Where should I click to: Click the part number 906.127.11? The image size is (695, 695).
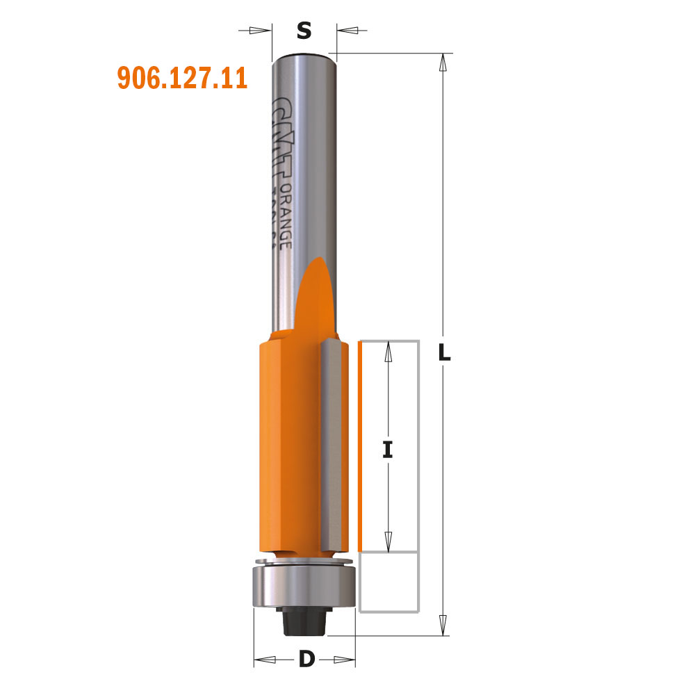(182, 78)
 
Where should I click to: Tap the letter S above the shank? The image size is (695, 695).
(304, 31)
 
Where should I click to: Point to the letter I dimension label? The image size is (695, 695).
(388, 450)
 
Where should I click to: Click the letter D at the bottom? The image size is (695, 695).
(306, 659)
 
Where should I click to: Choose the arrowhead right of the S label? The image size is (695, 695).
(347, 31)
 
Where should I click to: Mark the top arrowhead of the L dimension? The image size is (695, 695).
(442, 63)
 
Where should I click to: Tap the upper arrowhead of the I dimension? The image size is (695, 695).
(389, 353)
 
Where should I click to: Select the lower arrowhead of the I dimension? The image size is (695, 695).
(389, 539)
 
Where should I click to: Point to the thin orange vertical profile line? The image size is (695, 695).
(360, 445)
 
